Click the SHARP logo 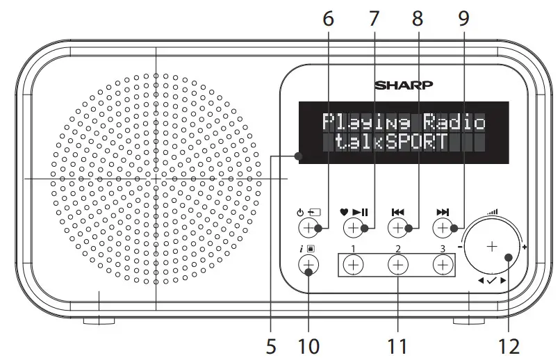404,85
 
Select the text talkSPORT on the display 384,143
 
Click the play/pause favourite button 353,228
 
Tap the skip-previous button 397,228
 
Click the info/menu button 308,264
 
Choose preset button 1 353,264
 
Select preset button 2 397,264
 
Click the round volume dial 492,247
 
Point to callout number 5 271,345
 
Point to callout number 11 397,345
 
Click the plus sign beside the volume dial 524,247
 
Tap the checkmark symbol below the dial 492,281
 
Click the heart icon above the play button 344,212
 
